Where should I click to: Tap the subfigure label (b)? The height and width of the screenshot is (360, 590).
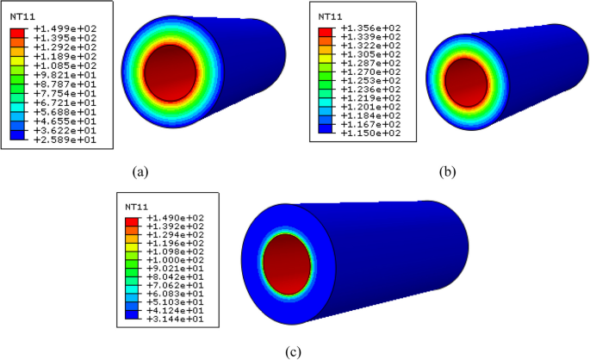[x=447, y=171]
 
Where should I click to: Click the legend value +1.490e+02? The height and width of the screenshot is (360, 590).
[x=175, y=219]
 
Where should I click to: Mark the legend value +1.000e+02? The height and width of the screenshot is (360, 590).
[x=175, y=259]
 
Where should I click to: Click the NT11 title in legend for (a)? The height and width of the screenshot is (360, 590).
[x=21, y=16]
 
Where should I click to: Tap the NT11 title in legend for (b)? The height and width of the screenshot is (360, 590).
[x=329, y=16]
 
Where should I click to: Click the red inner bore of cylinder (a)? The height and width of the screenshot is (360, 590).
[x=177, y=73]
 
